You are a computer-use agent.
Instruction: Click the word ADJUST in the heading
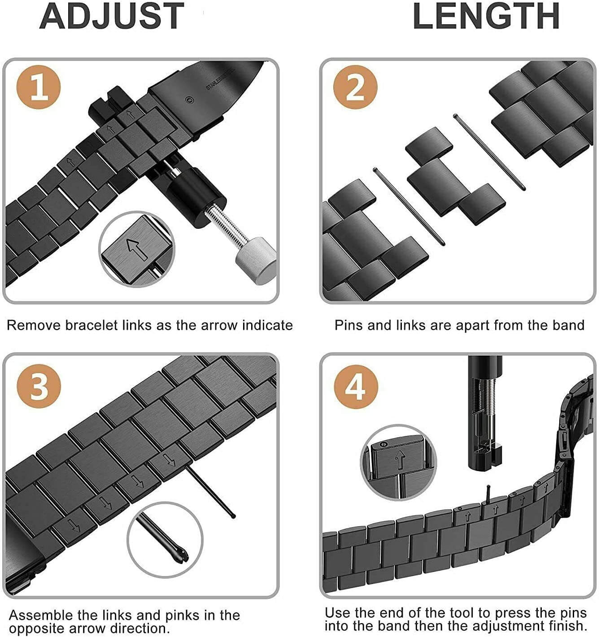click(x=112, y=17)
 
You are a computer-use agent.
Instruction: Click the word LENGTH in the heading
click(x=486, y=17)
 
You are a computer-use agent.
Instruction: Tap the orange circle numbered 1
click(x=39, y=87)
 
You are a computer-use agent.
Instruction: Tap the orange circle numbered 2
click(x=355, y=87)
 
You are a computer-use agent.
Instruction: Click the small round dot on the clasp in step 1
click(x=190, y=100)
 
